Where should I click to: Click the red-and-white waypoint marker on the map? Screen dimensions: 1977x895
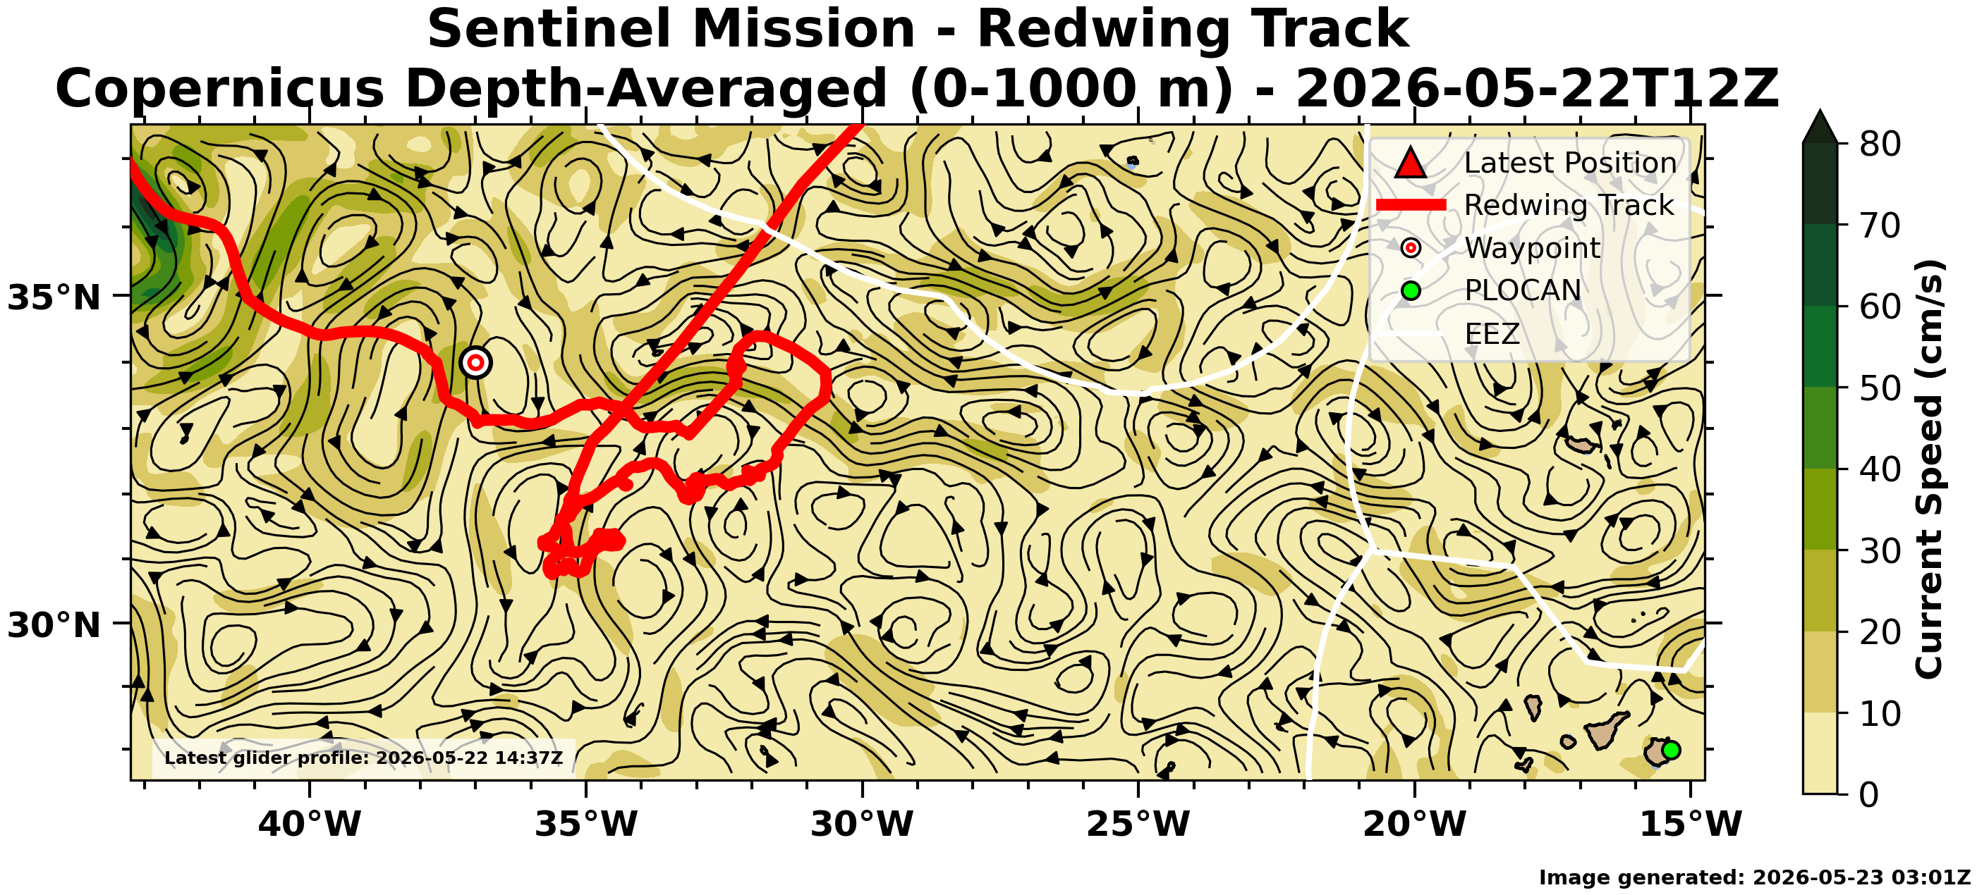coord(476,362)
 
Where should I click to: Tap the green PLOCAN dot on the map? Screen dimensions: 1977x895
coord(1671,750)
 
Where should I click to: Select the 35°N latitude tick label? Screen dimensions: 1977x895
coord(54,297)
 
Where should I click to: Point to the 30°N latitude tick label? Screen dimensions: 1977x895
coord(54,626)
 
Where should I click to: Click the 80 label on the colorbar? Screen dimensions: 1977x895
coord(1880,144)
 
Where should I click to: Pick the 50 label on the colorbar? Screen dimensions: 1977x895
coord(1880,388)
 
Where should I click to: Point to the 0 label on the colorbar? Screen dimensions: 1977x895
coord(1870,794)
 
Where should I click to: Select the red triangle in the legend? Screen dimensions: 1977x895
coord(1411,163)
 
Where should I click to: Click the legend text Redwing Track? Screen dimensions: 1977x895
coord(1569,205)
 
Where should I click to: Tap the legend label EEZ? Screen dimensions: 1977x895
coord(1492,333)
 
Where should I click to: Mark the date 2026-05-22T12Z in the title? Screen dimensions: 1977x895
coord(1538,88)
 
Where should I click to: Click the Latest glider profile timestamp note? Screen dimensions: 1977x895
coord(363,758)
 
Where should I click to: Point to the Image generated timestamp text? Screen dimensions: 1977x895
coord(1754,878)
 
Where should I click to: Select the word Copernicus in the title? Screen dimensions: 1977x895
coord(219,89)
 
